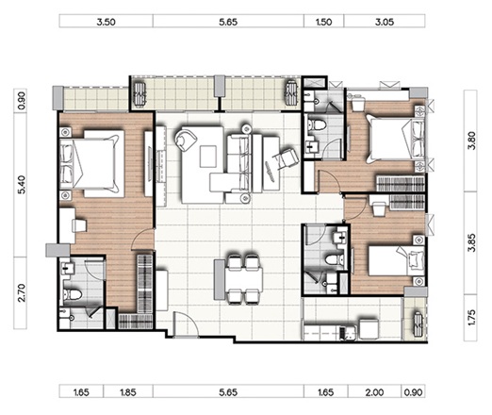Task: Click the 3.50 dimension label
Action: click(106, 22)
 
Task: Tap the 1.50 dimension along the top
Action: click(323, 22)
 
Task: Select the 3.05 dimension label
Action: click(385, 22)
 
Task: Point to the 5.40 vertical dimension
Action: click(22, 185)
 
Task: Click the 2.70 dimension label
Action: click(22, 292)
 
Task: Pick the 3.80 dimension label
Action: click(471, 141)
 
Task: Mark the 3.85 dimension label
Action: click(471, 242)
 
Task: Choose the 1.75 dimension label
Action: click(471, 317)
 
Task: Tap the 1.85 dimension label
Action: click(128, 392)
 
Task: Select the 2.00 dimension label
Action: click(374, 392)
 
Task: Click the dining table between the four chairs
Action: click(243, 279)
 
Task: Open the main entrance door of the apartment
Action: click(186, 324)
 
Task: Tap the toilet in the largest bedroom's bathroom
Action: click(73, 295)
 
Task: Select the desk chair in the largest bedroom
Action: click(79, 225)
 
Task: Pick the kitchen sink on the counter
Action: click(348, 334)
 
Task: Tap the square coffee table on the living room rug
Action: click(207, 157)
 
